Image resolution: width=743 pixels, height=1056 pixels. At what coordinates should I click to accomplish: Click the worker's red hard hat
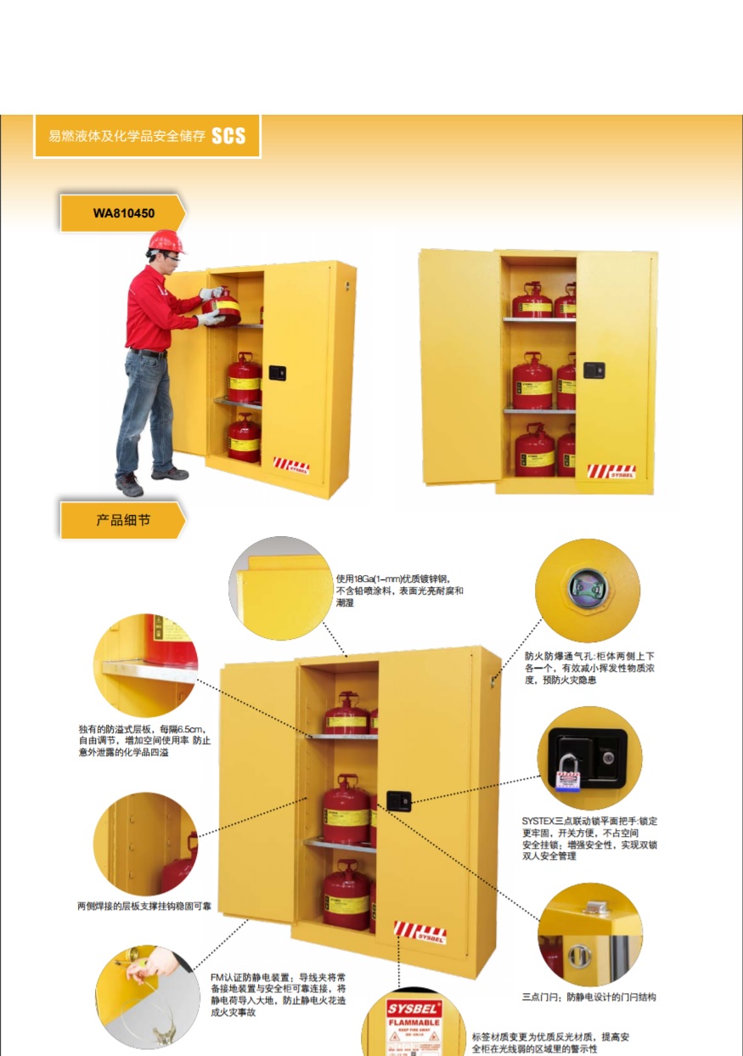(166, 240)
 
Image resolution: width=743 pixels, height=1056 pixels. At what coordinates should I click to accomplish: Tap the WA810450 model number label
(123, 213)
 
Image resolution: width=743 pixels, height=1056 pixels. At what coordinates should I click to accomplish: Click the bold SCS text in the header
(228, 136)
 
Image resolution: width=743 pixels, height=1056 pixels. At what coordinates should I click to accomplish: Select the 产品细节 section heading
(123, 520)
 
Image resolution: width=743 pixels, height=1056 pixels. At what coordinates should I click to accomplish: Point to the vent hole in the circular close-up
(586, 589)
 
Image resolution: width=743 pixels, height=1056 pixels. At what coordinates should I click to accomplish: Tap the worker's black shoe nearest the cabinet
(169, 473)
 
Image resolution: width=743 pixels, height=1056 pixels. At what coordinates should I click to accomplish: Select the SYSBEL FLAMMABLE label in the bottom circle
(414, 1024)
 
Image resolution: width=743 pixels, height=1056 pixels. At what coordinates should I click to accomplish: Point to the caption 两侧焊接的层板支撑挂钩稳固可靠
(144, 906)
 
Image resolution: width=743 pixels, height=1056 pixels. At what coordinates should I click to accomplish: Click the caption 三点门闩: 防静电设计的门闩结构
(588, 997)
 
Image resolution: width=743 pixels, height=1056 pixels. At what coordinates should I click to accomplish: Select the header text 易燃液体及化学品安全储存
(127, 137)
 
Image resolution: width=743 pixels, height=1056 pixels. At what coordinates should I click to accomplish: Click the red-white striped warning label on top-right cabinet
(611, 470)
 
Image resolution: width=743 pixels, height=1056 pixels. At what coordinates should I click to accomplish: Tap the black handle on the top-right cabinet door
(593, 370)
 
